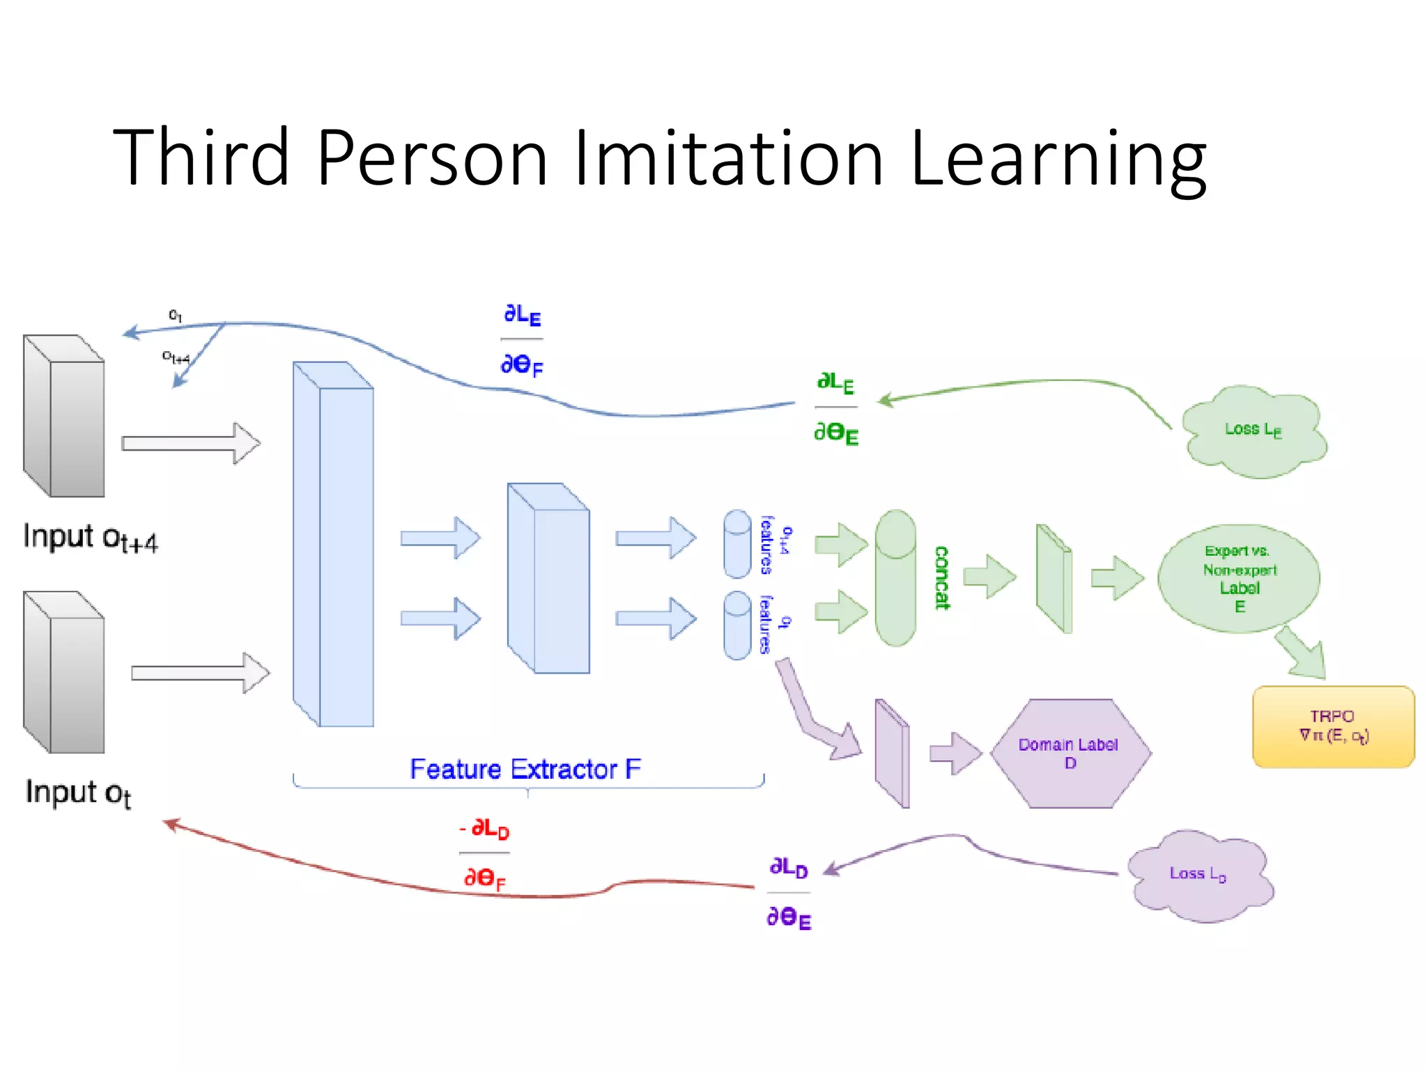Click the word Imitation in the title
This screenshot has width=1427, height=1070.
point(728,159)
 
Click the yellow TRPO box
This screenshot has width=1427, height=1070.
point(1333,727)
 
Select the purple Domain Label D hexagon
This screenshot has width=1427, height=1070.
point(1070,753)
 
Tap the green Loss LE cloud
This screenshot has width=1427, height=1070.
point(1254,431)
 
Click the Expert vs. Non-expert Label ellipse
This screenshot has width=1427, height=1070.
point(1239,578)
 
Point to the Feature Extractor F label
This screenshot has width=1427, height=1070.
point(525,769)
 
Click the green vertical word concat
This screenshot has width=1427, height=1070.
point(941,578)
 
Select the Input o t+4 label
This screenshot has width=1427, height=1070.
point(91,538)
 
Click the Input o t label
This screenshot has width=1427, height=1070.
point(78,793)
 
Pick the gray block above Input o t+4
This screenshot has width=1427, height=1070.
point(64,416)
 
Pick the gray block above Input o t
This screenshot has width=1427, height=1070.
point(64,672)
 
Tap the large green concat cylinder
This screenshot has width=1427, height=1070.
point(895,578)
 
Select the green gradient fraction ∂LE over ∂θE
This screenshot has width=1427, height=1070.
point(836,408)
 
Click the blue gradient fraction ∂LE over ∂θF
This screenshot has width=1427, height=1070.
point(522,340)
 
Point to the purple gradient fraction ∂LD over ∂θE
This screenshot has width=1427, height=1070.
point(789,893)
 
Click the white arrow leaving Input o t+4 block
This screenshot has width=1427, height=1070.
point(190,443)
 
